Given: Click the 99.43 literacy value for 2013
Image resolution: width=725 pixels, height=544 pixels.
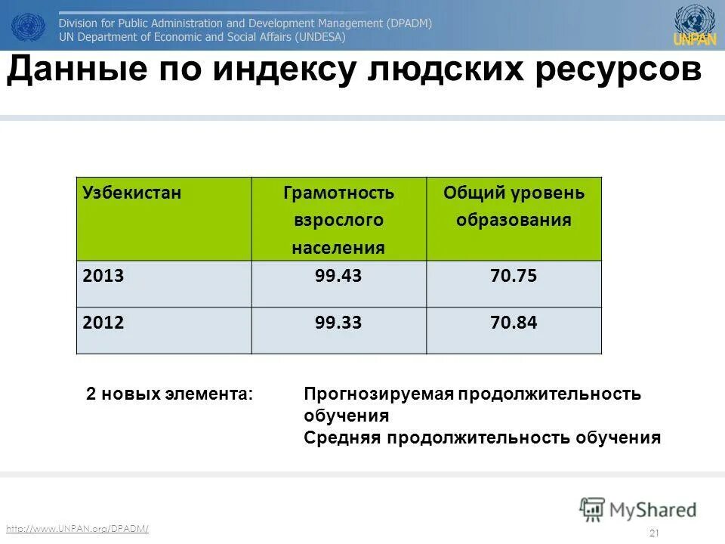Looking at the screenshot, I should coord(338,277).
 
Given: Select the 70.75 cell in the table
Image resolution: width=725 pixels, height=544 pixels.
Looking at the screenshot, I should coord(514,277).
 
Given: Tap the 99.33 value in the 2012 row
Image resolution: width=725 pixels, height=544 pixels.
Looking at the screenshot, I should coord(338,323).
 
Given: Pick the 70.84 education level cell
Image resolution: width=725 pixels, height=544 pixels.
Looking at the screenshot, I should coord(514,323).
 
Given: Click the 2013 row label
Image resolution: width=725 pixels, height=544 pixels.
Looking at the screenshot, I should coord(103,277).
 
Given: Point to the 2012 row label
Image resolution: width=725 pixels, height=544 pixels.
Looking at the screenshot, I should coord(103,323).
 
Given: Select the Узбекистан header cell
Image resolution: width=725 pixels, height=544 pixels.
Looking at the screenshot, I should coord(132,193).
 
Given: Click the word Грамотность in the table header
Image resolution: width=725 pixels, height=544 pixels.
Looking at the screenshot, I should coord(338,193).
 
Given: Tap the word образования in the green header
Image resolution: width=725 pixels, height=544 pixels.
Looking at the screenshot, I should coord(514,221).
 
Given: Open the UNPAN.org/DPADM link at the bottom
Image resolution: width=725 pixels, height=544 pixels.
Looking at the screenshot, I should coord(77,528).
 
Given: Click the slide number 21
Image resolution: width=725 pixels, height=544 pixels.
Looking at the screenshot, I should coord(654,533).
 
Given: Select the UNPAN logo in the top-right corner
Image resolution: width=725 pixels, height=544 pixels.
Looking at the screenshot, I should coord(695,25).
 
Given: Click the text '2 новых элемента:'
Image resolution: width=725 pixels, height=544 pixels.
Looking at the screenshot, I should coord(169,394).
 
